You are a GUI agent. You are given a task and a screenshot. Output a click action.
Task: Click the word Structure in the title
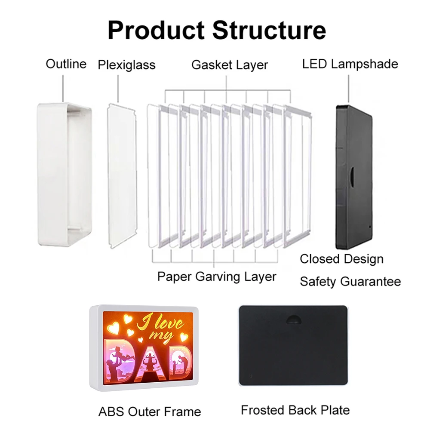269,30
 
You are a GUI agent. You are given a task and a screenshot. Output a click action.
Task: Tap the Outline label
66,64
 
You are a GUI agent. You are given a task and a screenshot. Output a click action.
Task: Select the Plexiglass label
127,65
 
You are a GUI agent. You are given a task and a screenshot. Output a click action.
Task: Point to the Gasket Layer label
230,65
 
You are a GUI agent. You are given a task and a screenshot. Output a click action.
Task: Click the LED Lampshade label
350,64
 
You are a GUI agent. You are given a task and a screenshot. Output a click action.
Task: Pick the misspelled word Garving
218,276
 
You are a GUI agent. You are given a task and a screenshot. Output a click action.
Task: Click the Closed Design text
341,259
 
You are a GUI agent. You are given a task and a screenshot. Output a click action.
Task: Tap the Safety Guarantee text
350,281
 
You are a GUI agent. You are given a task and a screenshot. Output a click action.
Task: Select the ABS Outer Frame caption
150,412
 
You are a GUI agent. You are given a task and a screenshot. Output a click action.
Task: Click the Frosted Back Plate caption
295,410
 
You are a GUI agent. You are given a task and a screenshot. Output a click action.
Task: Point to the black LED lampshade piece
354,177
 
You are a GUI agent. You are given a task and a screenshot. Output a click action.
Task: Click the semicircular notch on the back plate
293,319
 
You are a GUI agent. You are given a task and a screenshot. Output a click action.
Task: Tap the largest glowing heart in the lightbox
113,327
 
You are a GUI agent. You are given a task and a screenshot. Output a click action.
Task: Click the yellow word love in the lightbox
169,324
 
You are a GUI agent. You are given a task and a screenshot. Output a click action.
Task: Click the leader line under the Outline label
63,88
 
